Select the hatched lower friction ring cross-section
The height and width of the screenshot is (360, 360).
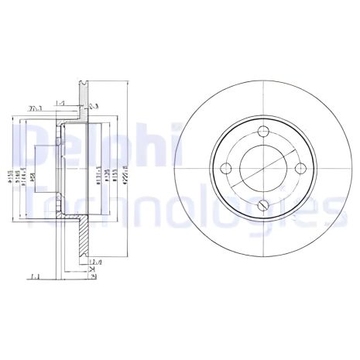click(83, 240)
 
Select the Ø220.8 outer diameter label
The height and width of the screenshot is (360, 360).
click(126, 174)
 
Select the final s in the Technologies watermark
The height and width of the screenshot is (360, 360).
click(327, 207)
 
